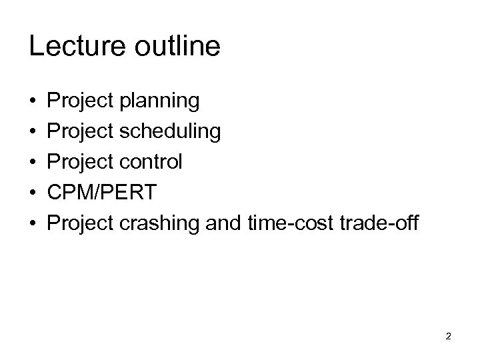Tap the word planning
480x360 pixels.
159,102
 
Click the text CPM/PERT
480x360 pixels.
102,193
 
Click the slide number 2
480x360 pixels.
449,336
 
